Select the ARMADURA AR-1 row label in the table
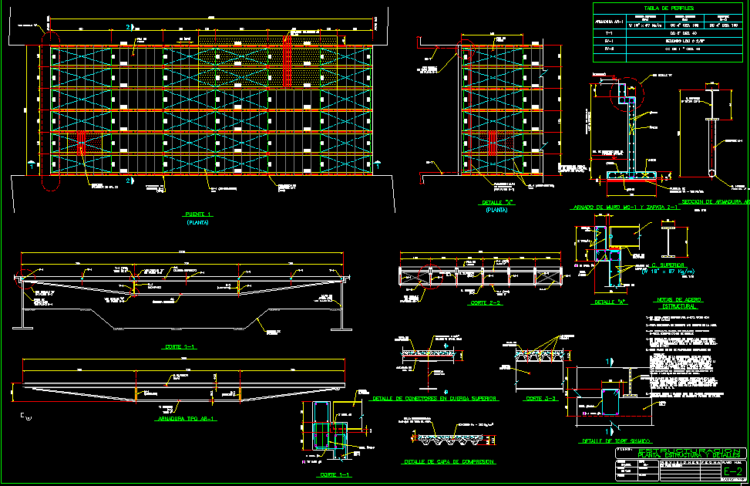610,22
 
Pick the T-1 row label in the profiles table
609,34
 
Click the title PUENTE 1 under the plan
198,214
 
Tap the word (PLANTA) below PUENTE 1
198,222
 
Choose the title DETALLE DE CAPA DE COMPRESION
449,462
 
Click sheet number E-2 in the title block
733,471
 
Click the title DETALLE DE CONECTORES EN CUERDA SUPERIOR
434,398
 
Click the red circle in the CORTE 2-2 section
429,277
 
